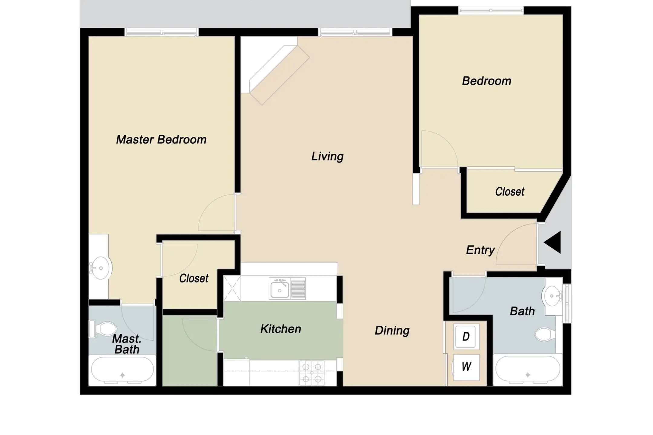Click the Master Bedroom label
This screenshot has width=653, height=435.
coord(161,140)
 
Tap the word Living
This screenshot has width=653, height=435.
coord(327,156)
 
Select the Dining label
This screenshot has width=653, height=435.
coord(392,330)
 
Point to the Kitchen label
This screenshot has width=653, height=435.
coord(281,329)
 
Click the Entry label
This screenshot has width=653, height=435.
coord(480,250)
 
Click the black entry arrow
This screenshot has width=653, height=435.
coord(552,242)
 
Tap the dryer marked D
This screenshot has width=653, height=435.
coord(466,337)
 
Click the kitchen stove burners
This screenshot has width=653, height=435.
coord(312,373)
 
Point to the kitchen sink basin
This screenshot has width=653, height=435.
coord(279,289)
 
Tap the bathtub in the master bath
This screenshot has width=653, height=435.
coord(122,370)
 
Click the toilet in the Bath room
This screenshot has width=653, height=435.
coord(545,335)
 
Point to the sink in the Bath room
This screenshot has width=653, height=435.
coord(552,296)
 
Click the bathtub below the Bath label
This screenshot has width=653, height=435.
coord(528,370)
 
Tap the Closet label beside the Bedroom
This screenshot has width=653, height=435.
coord(510,192)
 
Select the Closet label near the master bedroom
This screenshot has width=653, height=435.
coord(194,278)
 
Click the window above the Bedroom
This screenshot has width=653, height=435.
coord(491,11)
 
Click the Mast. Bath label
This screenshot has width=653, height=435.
coord(127,344)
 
